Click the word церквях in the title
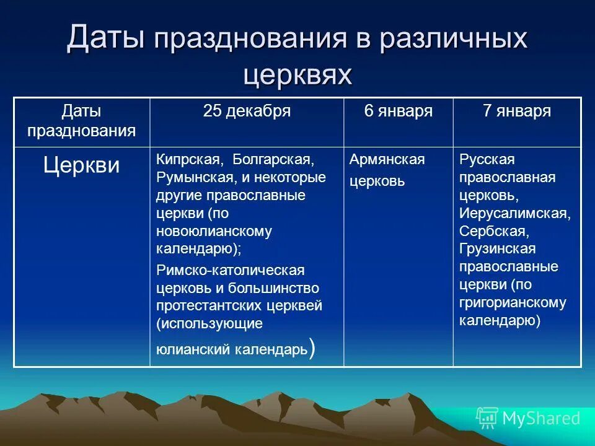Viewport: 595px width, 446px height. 297,74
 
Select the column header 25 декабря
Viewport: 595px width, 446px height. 247,111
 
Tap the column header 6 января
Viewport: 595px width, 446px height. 398,111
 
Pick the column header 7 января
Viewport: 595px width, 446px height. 517,111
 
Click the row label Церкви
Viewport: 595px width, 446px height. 81,165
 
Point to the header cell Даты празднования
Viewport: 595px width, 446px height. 81,121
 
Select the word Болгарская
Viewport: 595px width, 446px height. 273,160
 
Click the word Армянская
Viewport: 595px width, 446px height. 387,160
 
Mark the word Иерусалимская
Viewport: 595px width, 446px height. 514,213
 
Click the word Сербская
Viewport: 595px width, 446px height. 494,231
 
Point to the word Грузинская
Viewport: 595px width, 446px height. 497,249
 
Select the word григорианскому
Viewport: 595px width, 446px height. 513,303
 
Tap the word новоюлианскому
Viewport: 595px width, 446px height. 214,232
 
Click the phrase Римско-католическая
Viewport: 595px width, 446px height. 230,271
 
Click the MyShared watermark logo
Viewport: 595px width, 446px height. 528,418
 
